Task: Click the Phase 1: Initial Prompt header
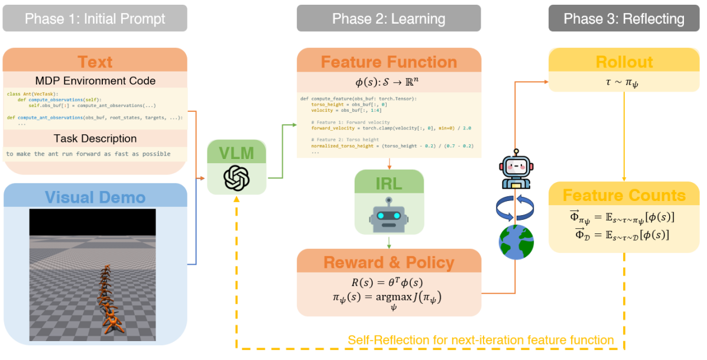click(95, 18)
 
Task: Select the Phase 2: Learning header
click(388, 18)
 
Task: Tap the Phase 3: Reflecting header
click(624, 18)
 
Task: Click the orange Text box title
click(95, 62)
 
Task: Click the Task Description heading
click(95, 138)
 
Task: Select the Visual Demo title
click(95, 196)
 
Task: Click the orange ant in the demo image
click(108, 296)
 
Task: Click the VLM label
click(236, 154)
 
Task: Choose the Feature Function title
click(388, 62)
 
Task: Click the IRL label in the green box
click(388, 183)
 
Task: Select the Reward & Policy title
click(388, 262)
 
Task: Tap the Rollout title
click(624, 62)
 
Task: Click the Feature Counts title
click(624, 195)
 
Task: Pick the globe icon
click(516, 242)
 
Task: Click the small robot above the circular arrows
click(516, 171)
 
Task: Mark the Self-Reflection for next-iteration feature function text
click(481, 340)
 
